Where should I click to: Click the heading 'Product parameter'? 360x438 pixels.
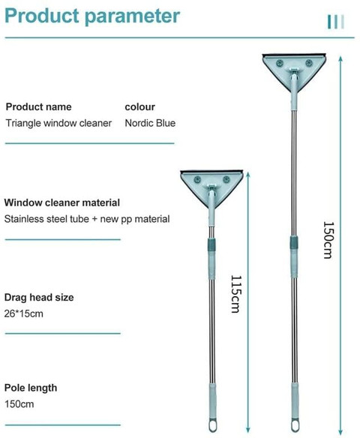coord(92,16)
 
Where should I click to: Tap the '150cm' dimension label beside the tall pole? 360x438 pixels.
coord(328,240)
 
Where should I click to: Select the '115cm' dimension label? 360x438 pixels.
coord(236,294)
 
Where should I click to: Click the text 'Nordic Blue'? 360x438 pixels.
coord(150,123)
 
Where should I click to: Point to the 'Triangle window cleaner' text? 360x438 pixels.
coord(58,123)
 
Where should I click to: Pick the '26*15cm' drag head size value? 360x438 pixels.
coord(24,313)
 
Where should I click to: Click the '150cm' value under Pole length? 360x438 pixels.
coord(19,404)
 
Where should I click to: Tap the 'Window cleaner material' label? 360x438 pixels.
coord(62,202)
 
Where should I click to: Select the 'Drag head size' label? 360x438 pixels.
coord(39,298)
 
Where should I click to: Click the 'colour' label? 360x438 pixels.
coord(140,107)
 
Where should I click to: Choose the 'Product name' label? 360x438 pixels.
coord(38,107)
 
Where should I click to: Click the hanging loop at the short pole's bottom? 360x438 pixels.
coord(212,426)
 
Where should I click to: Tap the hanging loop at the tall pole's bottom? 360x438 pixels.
coord(295,425)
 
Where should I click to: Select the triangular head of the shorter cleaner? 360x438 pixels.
coord(211,184)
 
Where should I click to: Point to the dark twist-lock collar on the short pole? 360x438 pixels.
coord(211,244)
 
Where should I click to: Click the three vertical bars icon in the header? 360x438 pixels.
coord(336,22)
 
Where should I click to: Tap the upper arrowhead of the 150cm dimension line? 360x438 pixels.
coord(340,59)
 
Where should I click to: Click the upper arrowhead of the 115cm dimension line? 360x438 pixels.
coord(247,175)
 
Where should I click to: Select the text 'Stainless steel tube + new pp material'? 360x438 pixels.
coord(87,219)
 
